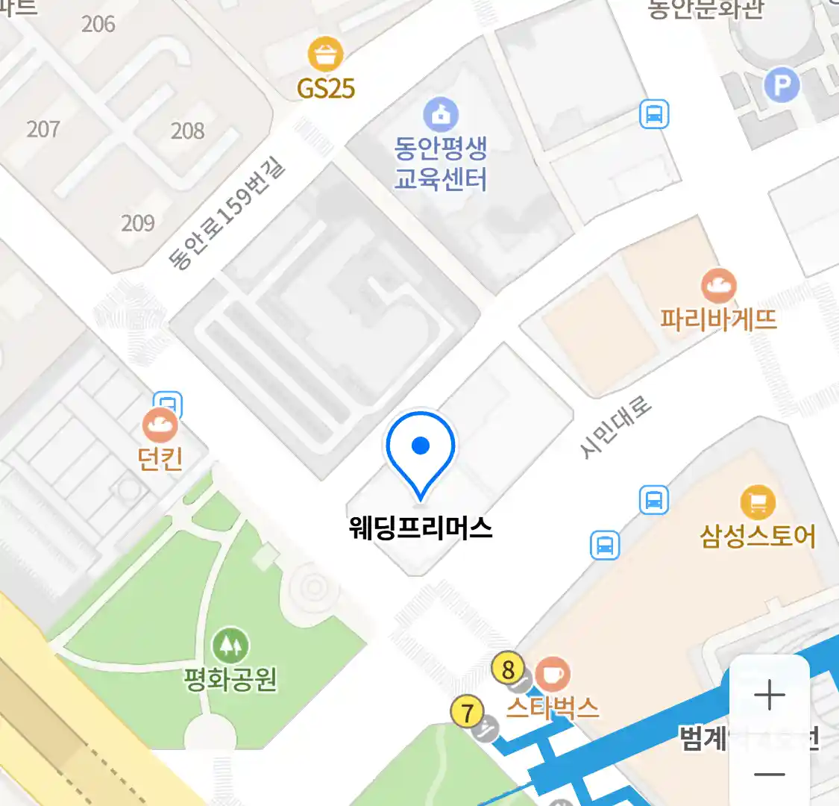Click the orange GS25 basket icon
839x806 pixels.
click(x=325, y=54)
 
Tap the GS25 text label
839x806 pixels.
click(x=326, y=89)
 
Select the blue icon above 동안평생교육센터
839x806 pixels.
click(x=441, y=115)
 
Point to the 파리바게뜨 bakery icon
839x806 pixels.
click(x=718, y=286)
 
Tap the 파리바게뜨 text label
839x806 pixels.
click(x=718, y=319)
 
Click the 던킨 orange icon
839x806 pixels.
click(x=160, y=426)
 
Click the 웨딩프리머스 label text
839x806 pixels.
click(x=421, y=528)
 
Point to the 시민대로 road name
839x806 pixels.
click(x=615, y=428)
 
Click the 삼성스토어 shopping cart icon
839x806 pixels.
click(x=758, y=502)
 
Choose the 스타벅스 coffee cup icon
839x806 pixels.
click(x=552, y=674)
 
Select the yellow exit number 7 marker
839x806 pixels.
click(x=468, y=713)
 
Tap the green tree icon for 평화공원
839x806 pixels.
click(x=230, y=645)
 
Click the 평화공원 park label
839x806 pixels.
click(x=230, y=679)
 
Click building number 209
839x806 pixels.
click(x=138, y=223)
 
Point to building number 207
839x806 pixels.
click(x=43, y=129)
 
